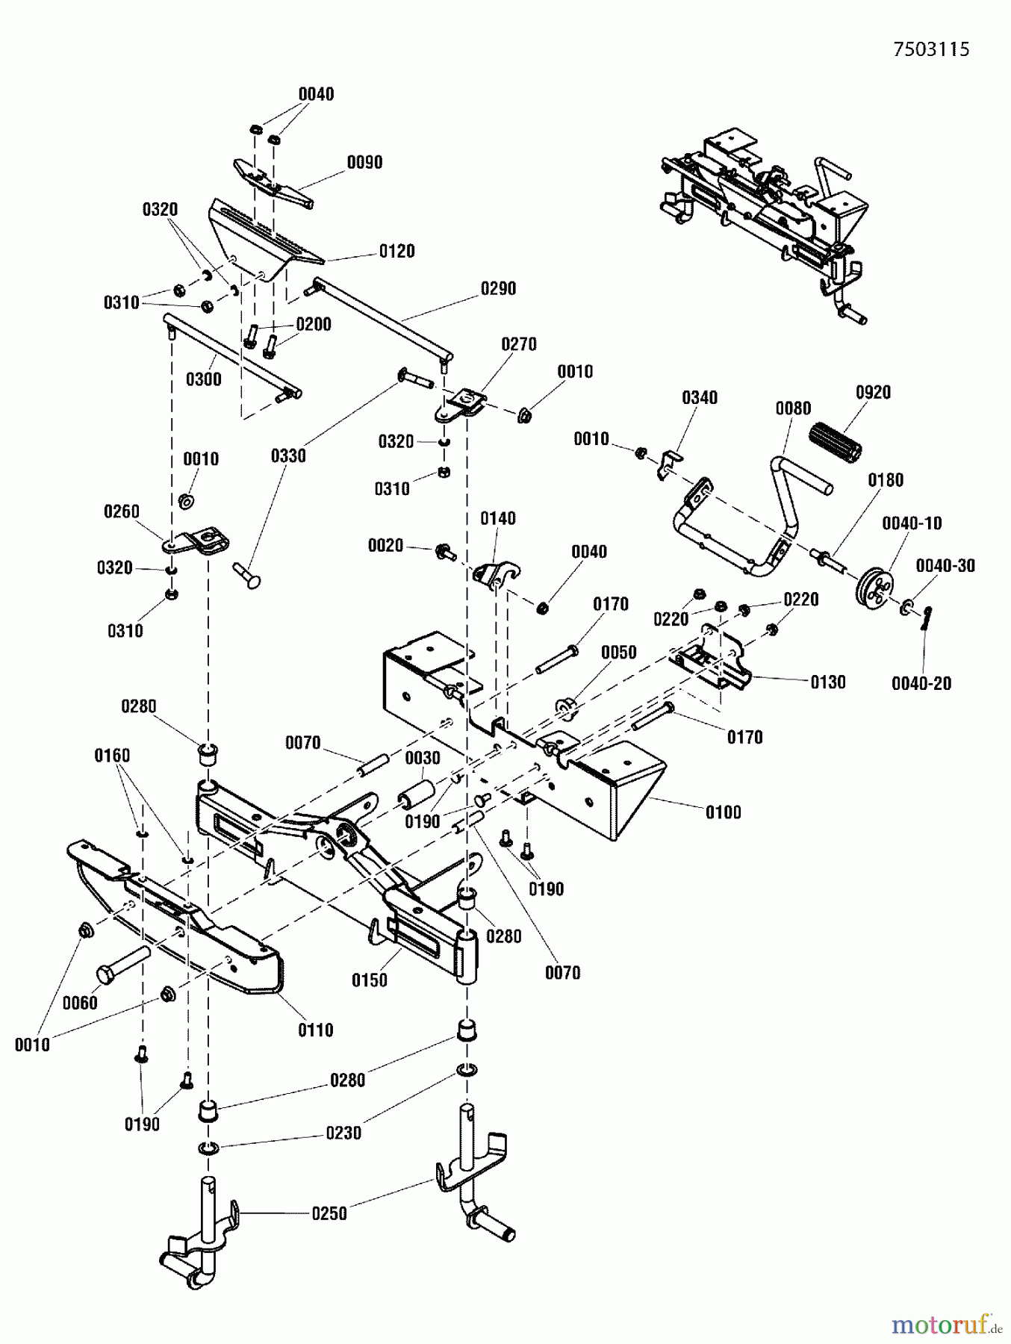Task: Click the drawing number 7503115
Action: pyautogui.click(x=931, y=49)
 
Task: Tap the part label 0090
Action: pyautogui.click(x=364, y=162)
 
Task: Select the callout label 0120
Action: pyautogui.click(x=396, y=252)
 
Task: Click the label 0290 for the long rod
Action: pyautogui.click(x=498, y=289)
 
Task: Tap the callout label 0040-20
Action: pyautogui.click(x=921, y=683)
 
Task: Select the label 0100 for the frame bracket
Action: pyautogui.click(x=723, y=812)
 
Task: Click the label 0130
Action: pyautogui.click(x=827, y=682)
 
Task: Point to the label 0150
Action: pyautogui.click(x=370, y=980)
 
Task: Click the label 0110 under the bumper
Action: pyautogui.click(x=315, y=1030)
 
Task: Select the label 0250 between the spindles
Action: pyautogui.click(x=329, y=1213)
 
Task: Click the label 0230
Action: pyautogui.click(x=343, y=1133)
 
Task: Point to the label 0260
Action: pyautogui.click(x=121, y=511)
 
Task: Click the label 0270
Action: pyautogui.click(x=518, y=344)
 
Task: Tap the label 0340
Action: pyautogui.click(x=699, y=398)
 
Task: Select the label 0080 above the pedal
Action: pyautogui.click(x=792, y=408)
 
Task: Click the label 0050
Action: pyautogui.click(x=618, y=653)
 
